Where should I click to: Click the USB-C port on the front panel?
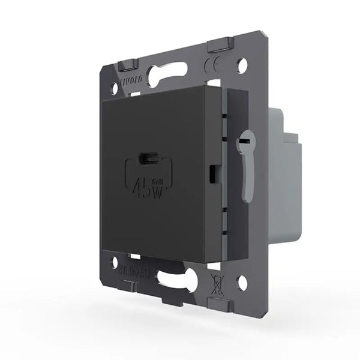148,158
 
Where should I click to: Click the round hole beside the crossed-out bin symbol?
242,281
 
